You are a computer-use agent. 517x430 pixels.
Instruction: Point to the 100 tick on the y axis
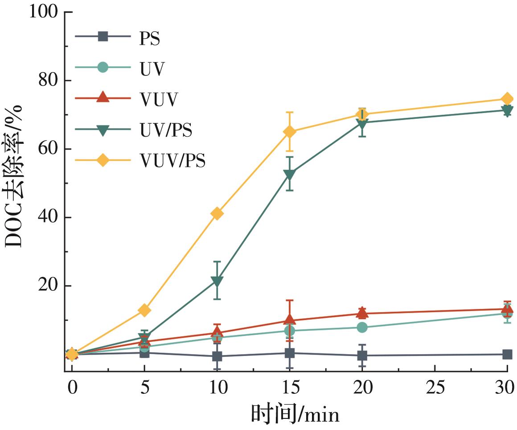coord(44,12)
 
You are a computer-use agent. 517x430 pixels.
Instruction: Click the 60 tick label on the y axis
coord(49,149)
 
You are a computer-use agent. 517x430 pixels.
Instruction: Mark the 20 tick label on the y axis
coord(49,286)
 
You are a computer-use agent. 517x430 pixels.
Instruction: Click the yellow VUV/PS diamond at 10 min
coord(217,213)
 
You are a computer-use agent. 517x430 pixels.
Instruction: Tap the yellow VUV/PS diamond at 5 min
coord(144,310)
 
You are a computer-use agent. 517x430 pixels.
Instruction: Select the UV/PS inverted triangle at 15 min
coord(290,175)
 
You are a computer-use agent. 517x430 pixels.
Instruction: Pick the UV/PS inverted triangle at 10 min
coord(217,281)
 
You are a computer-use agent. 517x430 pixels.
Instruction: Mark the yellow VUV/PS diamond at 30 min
coord(507,99)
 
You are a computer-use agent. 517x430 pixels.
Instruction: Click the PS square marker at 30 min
coord(507,355)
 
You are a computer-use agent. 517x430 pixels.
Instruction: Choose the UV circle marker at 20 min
coord(362,327)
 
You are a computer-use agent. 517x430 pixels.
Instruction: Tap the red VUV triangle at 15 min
coord(290,320)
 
